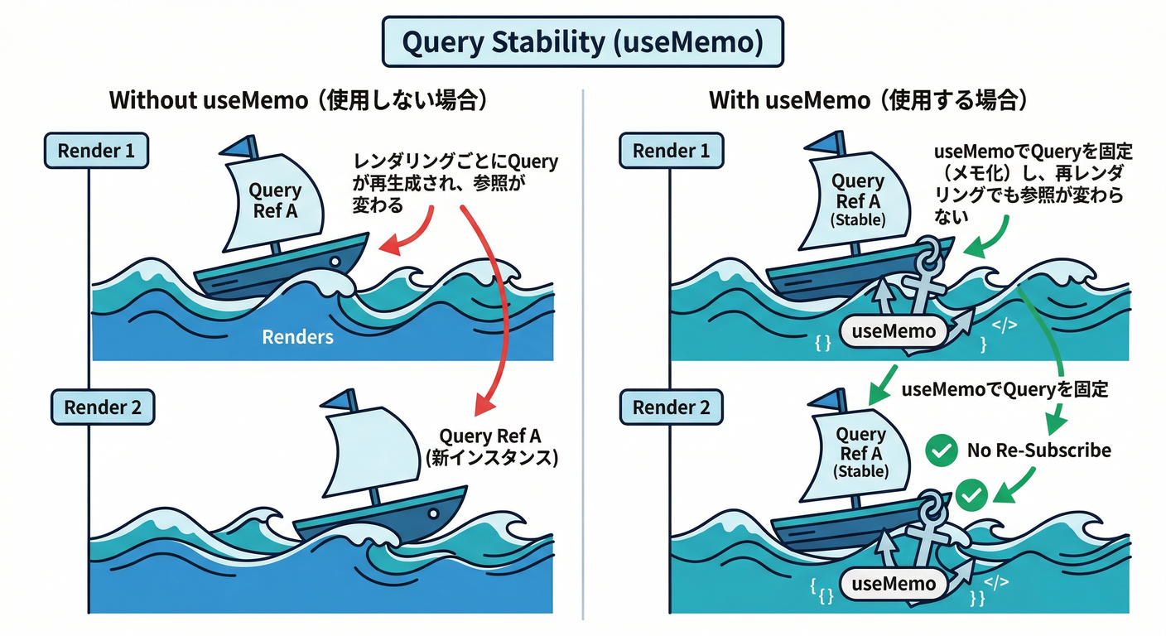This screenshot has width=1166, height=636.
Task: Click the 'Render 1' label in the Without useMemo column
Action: click(x=97, y=152)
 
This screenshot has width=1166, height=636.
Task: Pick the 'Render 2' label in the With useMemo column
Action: click(x=672, y=407)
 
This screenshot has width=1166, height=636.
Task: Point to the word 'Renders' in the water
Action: click(x=297, y=337)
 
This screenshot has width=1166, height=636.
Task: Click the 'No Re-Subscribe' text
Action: click(x=1038, y=450)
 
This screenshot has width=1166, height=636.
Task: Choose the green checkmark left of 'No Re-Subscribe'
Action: click(x=938, y=451)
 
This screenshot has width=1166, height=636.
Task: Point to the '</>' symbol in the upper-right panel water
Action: click(x=1005, y=324)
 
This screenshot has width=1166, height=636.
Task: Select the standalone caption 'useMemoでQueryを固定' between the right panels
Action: click(x=1004, y=389)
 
